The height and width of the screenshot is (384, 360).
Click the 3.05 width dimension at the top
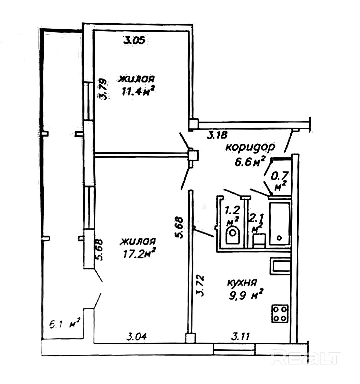click(x=134, y=41)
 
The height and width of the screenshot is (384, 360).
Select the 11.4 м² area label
click(x=137, y=90)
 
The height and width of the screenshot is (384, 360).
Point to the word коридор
click(x=250, y=147)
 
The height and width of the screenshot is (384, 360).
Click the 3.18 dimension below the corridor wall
click(x=217, y=135)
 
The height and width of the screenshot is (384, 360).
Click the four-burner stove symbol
click(x=280, y=313)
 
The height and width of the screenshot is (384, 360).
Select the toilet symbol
click(x=232, y=235)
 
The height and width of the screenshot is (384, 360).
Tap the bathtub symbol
click(x=279, y=222)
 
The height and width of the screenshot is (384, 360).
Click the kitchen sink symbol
click(x=280, y=266)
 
